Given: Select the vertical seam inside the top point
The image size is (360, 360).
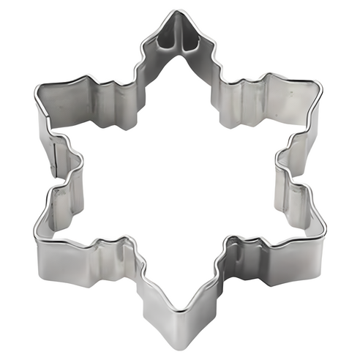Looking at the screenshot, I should click(x=178, y=37).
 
